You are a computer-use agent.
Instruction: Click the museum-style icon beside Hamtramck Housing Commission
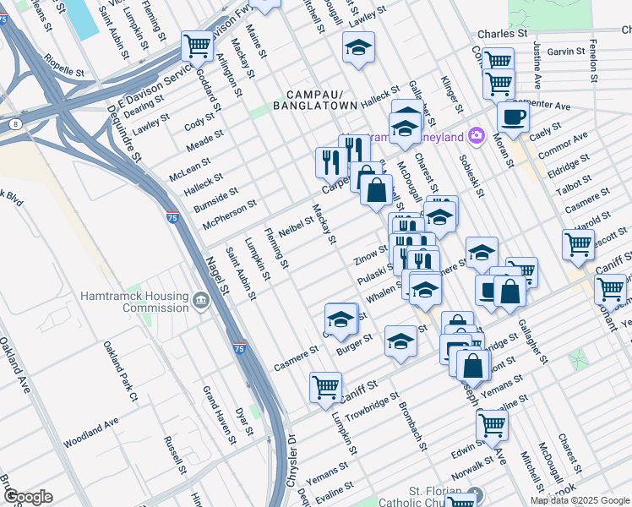[x=200, y=300]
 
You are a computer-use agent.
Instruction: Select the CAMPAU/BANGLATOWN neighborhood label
[x=309, y=100]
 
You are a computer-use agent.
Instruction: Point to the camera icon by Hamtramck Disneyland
[x=476, y=135]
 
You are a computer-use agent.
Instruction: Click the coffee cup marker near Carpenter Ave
[x=513, y=116]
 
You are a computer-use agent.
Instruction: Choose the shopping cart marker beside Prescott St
[x=579, y=244]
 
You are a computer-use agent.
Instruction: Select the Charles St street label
[x=502, y=34]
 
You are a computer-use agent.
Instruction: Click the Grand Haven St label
[x=217, y=414]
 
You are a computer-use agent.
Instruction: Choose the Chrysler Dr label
[x=293, y=461]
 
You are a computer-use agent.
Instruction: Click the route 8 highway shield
[x=16, y=125]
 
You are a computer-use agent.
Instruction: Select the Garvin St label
[x=566, y=52]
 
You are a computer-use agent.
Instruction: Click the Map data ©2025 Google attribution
[x=580, y=500]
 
